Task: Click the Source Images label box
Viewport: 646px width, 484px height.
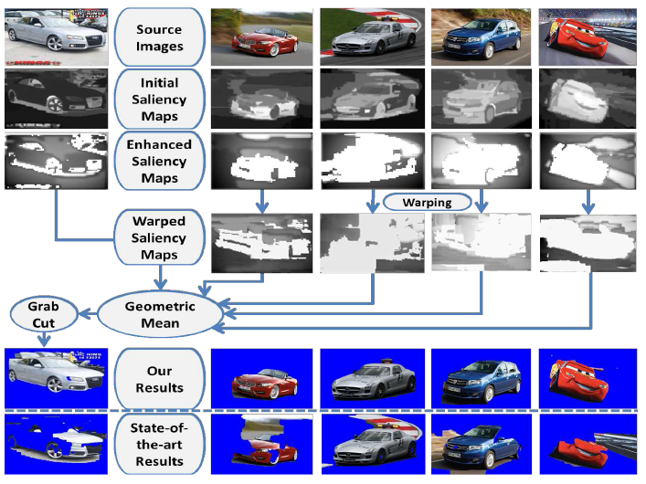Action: [159, 37]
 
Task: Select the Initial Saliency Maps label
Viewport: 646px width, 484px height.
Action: [159, 100]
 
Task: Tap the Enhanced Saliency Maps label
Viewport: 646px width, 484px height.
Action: [159, 161]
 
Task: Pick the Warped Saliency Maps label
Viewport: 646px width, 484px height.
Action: [159, 237]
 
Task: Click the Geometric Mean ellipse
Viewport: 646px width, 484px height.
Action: [160, 315]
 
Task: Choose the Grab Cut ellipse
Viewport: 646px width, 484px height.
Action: [44, 315]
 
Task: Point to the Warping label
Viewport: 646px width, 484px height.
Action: [428, 202]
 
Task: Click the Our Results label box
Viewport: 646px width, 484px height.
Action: [159, 379]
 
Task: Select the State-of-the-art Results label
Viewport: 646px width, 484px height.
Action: [159, 445]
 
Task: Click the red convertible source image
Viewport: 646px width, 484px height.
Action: [261, 37]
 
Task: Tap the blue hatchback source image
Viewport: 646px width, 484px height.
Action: [482, 37]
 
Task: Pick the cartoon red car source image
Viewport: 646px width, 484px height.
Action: [588, 37]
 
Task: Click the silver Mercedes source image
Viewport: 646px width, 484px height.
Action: [372, 37]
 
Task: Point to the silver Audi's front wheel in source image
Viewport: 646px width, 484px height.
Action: [55, 43]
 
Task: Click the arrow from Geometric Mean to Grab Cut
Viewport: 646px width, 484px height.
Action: [88, 315]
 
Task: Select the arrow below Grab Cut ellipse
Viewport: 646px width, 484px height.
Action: [44, 339]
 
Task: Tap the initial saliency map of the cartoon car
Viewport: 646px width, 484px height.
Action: [588, 99]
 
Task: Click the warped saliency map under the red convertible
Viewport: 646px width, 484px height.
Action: [261, 243]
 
